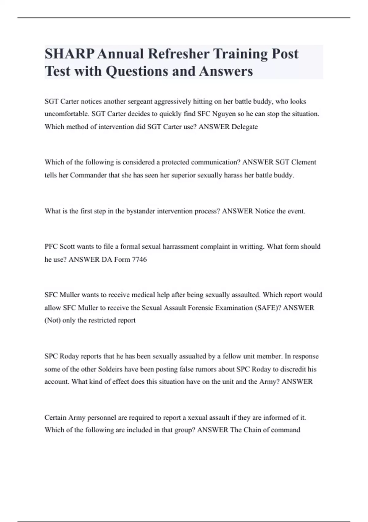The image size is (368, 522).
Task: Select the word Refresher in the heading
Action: pyautogui.click(x=179, y=54)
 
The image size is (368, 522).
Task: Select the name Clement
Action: pyautogui.click(x=304, y=162)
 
